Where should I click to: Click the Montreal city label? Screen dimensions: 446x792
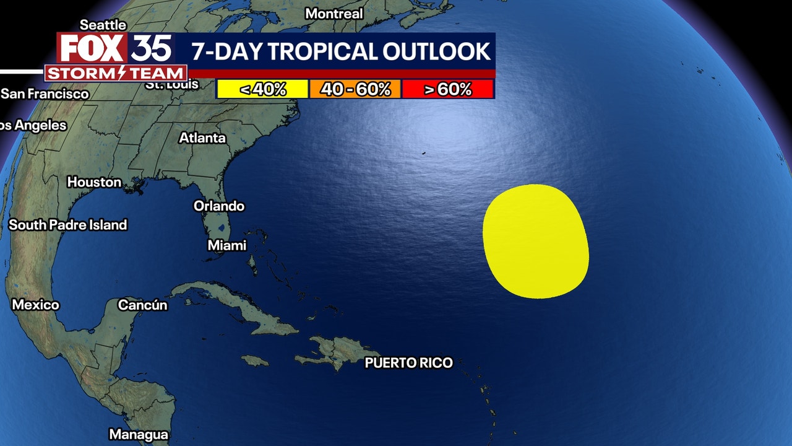click(x=334, y=14)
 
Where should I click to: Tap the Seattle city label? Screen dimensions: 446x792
click(x=103, y=25)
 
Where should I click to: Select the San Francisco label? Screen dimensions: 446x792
click(x=45, y=94)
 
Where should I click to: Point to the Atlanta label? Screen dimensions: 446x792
click(x=202, y=138)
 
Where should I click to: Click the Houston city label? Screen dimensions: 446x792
click(x=94, y=182)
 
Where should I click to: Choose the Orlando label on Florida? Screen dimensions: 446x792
click(x=219, y=206)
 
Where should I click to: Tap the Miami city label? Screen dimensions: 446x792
click(x=226, y=245)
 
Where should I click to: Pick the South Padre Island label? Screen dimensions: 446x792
click(x=67, y=225)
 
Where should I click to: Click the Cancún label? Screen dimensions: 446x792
click(x=142, y=305)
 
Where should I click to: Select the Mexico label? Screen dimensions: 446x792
click(x=35, y=305)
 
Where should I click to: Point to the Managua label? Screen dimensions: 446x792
click(x=139, y=434)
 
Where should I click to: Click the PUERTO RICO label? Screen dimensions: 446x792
click(x=408, y=363)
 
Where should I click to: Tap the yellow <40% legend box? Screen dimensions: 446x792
click(x=262, y=89)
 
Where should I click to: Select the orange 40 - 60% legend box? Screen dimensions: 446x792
click(x=355, y=89)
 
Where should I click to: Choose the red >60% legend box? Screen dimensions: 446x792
click(x=447, y=89)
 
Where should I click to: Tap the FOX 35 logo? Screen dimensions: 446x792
click(x=114, y=48)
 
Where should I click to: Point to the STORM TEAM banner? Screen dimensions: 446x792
click(x=116, y=73)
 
